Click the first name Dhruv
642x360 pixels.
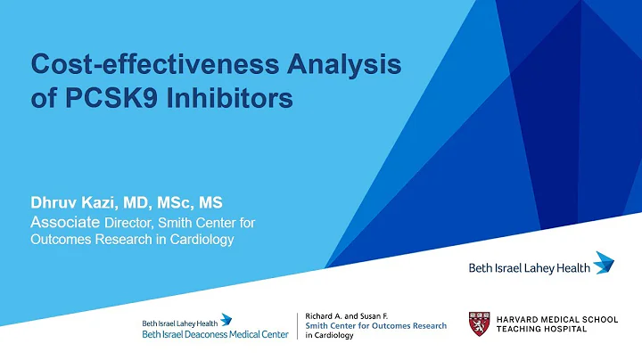click(x=56, y=203)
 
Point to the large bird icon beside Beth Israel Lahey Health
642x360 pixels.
click(x=604, y=261)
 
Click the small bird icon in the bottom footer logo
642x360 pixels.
click(x=226, y=318)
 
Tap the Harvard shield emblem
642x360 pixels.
click(x=479, y=323)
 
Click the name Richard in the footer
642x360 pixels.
click(x=321, y=315)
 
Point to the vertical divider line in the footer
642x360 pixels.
click(x=297, y=324)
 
